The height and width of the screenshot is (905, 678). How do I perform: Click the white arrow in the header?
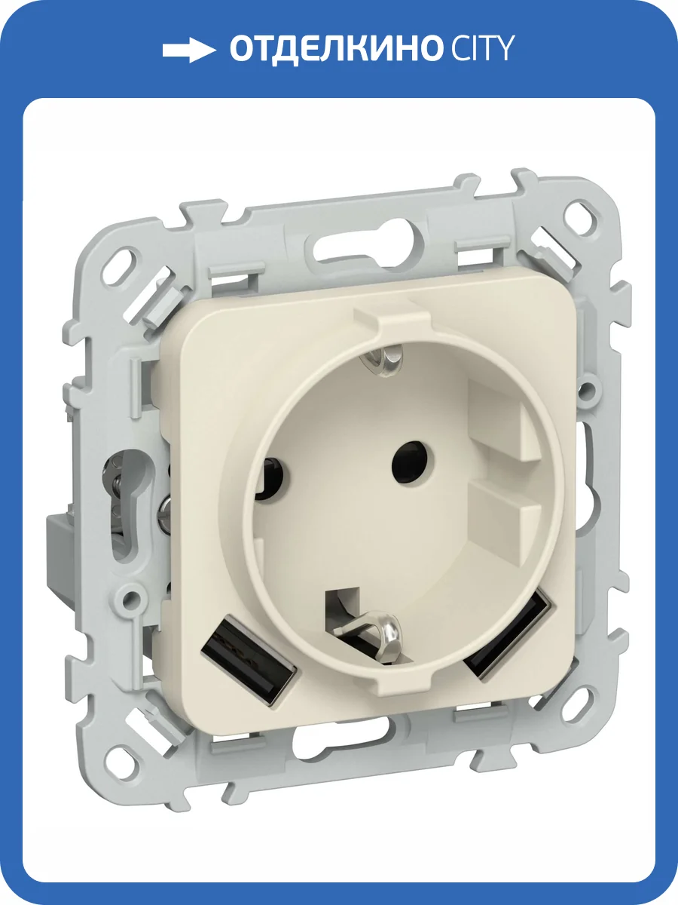(x=188, y=50)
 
